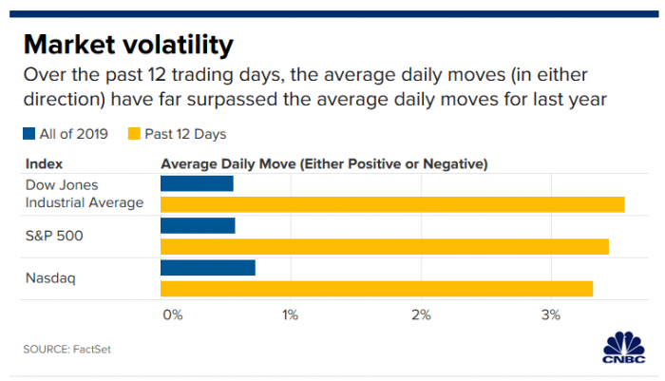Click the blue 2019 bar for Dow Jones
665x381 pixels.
click(x=197, y=183)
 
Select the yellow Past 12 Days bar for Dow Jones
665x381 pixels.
click(x=392, y=204)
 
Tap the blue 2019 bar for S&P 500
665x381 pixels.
click(x=198, y=225)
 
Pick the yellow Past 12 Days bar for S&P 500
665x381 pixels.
click(x=385, y=247)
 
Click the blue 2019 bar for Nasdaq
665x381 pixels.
click(x=208, y=267)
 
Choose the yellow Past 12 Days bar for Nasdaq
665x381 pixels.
click(x=377, y=288)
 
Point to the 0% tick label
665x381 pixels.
click(x=172, y=314)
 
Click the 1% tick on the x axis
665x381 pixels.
click(x=290, y=314)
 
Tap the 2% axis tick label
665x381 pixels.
click(x=421, y=314)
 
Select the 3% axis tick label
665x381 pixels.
click(x=551, y=314)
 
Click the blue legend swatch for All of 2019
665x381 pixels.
click(x=29, y=134)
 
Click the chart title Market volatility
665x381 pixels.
click(x=127, y=45)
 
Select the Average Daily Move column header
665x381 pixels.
click(x=324, y=163)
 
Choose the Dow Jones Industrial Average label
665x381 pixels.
click(x=84, y=193)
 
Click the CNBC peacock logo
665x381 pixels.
click(x=621, y=347)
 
